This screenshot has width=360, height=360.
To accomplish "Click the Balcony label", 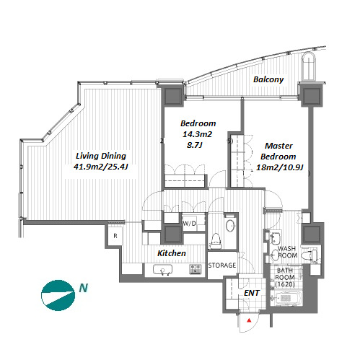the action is coord(268,79).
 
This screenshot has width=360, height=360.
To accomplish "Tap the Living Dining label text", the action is coord(101,156).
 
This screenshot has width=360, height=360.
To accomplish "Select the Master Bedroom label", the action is coord(278,151).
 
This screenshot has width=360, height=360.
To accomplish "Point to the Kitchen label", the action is coord(172,253).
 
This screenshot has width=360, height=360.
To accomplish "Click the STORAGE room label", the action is coord(222,265).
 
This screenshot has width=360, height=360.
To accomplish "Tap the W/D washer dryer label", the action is coord(190,224).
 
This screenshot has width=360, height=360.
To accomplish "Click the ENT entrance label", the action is coord(252,293).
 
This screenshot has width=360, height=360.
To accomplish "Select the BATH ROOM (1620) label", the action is coord(285,277).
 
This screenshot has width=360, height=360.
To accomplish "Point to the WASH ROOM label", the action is coord(287,252).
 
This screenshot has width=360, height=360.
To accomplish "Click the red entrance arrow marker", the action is coord(250,320).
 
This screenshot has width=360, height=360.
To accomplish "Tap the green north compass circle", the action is coord(58,295).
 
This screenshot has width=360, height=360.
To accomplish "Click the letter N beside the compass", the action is coord(84,288).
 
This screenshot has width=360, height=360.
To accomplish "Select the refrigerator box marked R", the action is coord(115,236).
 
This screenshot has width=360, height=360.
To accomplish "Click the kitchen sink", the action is coord(162,270).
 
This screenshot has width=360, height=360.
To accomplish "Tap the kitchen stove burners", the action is coord(195,269).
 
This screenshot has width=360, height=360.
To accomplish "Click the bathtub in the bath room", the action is coord(286,298).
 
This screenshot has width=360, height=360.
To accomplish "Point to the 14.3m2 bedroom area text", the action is coord(197,134).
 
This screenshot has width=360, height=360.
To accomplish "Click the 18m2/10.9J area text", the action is coord(279,167).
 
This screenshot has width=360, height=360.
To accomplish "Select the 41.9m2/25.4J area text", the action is coord(100,167).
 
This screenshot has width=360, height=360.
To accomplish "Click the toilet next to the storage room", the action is coord(215,241).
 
